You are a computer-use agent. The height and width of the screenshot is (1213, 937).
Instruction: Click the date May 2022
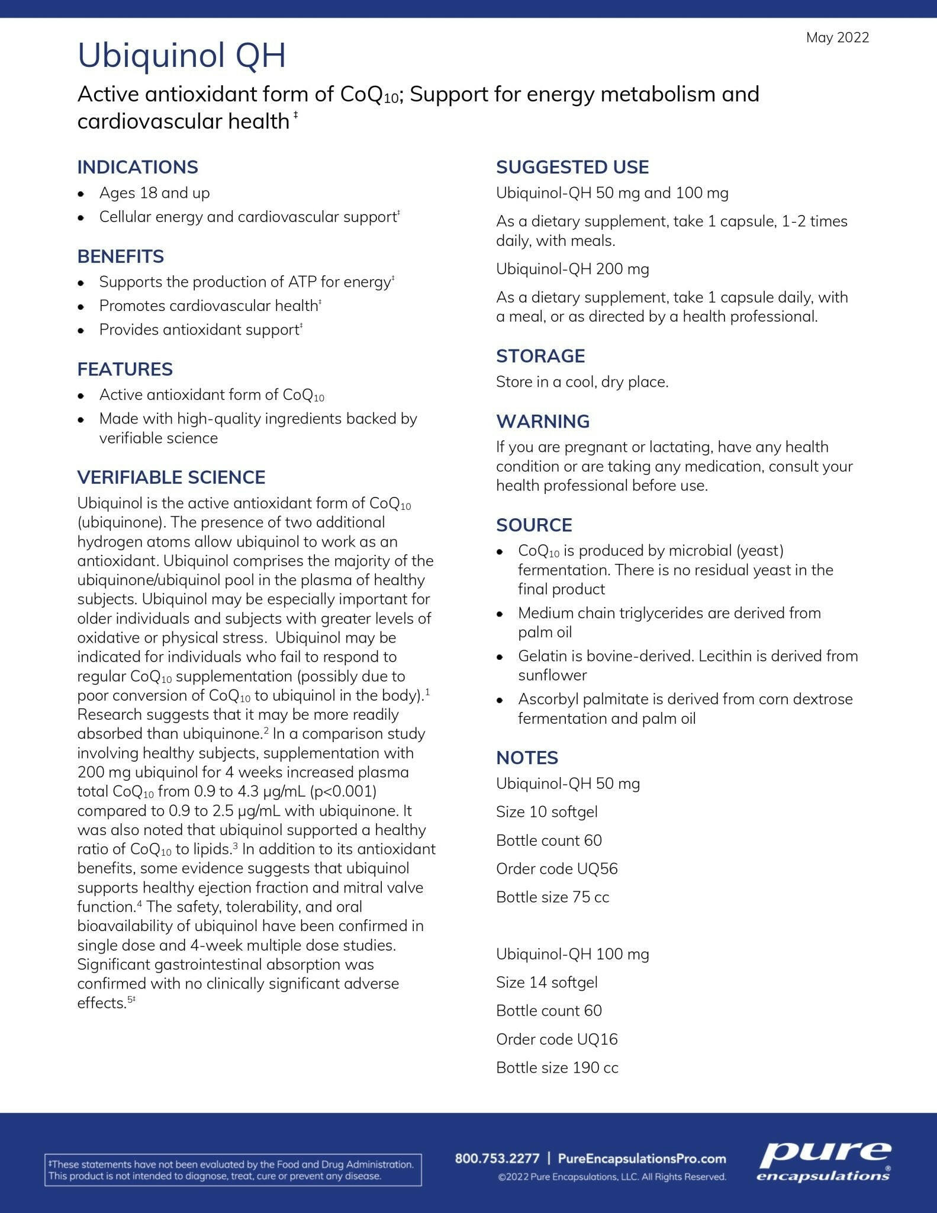(x=837, y=38)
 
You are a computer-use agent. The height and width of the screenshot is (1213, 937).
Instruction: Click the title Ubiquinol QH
(x=182, y=56)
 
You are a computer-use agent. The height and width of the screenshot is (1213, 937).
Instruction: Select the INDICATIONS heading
(x=137, y=167)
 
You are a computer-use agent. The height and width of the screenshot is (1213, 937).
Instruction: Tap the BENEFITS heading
(x=120, y=256)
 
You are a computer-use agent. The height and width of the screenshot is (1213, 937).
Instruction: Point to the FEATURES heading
(x=125, y=369)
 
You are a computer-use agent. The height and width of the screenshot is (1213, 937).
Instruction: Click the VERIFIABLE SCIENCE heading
(x=171, y=477)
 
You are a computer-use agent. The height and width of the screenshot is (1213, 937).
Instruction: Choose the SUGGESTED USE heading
(x=572, y=167)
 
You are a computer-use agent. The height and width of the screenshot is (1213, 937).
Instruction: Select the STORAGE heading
(x=540, y=356)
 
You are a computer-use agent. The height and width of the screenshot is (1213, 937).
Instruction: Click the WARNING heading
(x=543, y=421)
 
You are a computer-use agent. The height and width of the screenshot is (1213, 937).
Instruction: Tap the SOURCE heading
(x=534, y=525)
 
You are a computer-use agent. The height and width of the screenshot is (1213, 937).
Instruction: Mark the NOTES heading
(x=527, y=758)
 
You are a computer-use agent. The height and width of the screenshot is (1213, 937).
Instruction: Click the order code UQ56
(x=597, y=869)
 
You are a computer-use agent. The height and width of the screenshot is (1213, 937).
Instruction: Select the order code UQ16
(x=597, y=1039)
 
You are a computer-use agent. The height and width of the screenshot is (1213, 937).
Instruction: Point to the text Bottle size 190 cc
(x=557, y=1068)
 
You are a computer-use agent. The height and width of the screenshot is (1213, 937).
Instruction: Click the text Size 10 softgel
(x=546, y=812)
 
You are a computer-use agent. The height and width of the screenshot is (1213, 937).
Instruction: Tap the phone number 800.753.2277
(x=497, y=1159)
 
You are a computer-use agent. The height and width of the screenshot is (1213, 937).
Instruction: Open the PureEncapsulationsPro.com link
(x=642, y=1159)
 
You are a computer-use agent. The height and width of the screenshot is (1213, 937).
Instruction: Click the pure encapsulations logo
(x=824, y=1162)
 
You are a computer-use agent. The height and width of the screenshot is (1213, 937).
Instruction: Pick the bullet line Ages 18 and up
(x=154, y=193)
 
